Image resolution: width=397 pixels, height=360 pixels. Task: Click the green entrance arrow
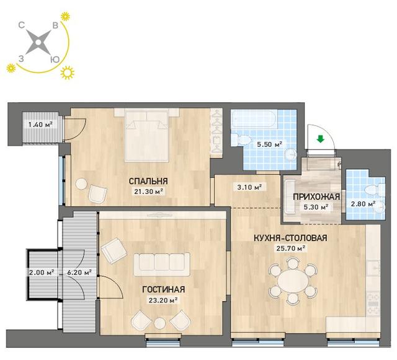(321, 139)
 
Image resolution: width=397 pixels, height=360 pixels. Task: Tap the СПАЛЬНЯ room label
(148, 181)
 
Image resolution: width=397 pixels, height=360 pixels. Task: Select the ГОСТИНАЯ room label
(163, 289)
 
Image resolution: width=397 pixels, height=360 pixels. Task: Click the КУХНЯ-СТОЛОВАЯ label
(290, 238)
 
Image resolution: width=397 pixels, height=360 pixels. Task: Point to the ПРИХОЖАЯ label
(316, 197)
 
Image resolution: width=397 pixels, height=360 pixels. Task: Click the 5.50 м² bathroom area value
(269, 144)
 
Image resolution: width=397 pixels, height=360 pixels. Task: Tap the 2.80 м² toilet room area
(363, 203)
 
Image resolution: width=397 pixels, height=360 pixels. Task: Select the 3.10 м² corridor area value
(248, 188)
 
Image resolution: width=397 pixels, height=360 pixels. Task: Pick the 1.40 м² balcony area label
(40, 125)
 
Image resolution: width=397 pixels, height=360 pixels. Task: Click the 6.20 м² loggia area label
(79, 273)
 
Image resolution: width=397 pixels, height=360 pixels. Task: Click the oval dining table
(293, 281)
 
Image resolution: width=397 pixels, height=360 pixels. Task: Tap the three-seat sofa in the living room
(162, 265)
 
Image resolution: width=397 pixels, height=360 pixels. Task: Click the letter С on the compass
(22, 25)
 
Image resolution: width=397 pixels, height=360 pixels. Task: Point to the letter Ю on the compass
(55, 59)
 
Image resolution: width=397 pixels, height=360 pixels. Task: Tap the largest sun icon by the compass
(68, 73)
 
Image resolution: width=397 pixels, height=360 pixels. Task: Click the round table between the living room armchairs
(160, 323)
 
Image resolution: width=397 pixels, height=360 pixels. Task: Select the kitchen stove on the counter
(373, 304)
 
